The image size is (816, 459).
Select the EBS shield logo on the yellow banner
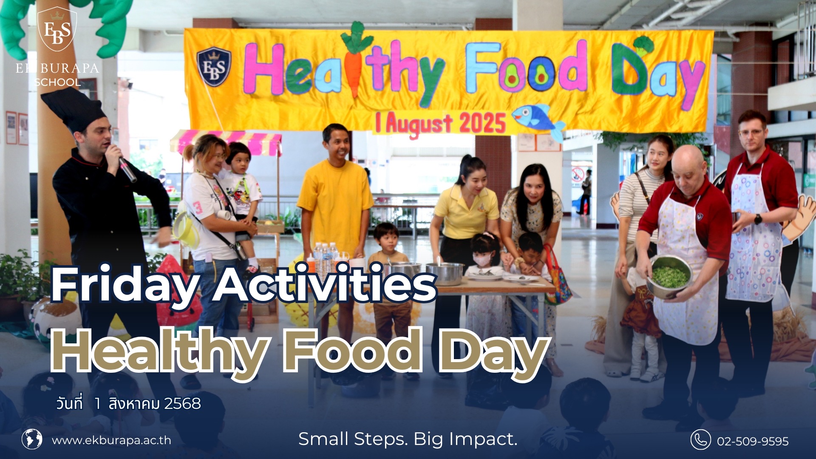(x=214, y=66)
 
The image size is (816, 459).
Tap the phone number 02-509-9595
(x=753, y=441)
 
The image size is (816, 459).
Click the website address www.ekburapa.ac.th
(x=111, y=440)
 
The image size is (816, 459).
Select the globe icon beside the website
(x=32, y=439)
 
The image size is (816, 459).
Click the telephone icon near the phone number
(x=700, y=439)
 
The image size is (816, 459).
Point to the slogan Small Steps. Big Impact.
(x=408, y=439)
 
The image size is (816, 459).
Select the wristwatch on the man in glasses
(x=758, y=219)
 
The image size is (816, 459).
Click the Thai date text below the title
(x=128, y=403)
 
